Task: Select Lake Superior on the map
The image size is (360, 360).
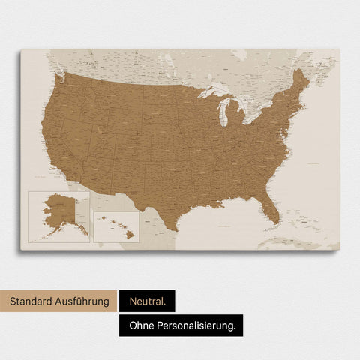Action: [x=213, y=92]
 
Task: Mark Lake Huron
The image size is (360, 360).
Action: [x=242, y=105]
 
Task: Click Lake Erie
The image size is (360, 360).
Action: [x=251, y=121]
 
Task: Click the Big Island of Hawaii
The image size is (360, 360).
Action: [x=130, y=235]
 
